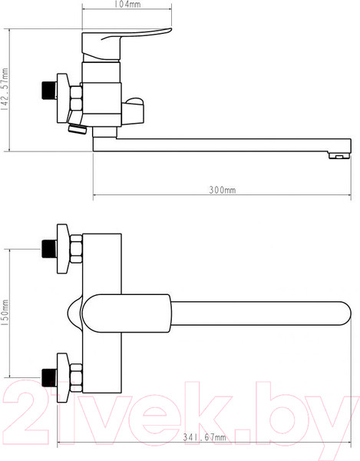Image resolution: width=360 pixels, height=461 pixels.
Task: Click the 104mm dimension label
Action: (127, 4)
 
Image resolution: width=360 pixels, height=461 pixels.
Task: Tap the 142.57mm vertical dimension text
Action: (5, 89)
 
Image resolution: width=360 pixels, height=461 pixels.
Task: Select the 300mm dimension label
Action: (223, 190)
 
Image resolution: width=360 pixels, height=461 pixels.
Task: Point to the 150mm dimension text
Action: (5, 313)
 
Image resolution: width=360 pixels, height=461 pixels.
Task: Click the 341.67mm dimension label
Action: (205, 437)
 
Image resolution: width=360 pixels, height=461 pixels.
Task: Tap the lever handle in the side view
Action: (127, 45)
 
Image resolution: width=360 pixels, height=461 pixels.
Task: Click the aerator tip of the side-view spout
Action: (340, 155)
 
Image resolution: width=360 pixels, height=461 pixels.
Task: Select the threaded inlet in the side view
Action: (49, 91)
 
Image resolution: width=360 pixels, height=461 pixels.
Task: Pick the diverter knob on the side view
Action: (133, 111)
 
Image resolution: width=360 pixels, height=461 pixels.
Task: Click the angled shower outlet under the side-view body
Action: (78, 128)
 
